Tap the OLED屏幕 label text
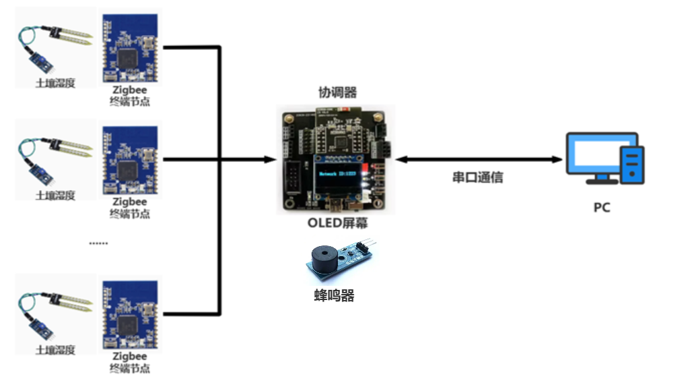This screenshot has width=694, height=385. (337, 223)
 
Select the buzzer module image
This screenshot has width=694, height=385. (340, 260)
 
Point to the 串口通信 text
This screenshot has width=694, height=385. (477, 178)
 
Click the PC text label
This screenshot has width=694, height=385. (602, 207)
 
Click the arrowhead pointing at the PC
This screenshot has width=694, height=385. (557, 160)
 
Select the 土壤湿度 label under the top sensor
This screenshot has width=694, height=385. (55, 84)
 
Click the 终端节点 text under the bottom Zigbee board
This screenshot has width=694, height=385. (130, 368)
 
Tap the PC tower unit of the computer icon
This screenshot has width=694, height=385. (632, 164)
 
